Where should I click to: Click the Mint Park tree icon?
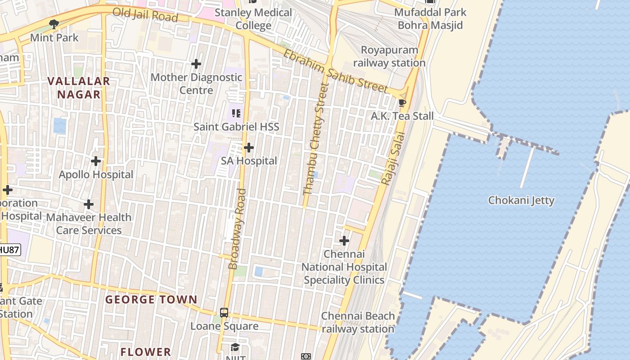(x=54, y=24)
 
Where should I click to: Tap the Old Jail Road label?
(x=145, y=15)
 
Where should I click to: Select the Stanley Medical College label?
(x=253, y=19)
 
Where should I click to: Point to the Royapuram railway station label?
(x=389, y=56)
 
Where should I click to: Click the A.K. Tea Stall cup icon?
(x=402, y=103)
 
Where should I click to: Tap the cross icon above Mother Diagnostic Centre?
(x=196, y=64)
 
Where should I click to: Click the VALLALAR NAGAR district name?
(x=79, y=88)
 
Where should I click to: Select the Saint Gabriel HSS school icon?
(x=236, y=113)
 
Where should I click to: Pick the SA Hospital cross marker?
(x=249, y=148)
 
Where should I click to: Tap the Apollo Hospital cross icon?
(x=96, y=161)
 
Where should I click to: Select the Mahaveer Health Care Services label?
(x=89, y=224)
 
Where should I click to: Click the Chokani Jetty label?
(x=521, y=200)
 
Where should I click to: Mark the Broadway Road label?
(x=237, y=229)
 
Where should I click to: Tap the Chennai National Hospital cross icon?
(x=344, y=241)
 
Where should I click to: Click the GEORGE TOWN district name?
(x=151, y=300)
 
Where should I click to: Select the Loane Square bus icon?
(x=224, y=312)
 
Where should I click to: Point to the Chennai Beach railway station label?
(x=358, y=323)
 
